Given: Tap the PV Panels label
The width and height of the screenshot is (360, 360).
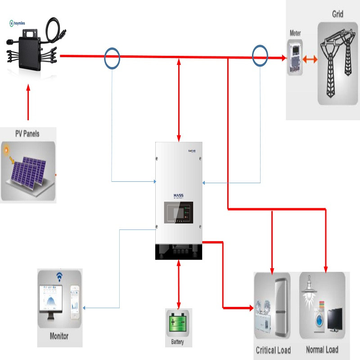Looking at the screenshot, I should (27, 134).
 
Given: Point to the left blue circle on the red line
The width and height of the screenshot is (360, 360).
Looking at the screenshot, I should (112, 57).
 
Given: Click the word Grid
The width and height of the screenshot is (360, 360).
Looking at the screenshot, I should (337, 14).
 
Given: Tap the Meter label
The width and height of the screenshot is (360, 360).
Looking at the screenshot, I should (295, 33).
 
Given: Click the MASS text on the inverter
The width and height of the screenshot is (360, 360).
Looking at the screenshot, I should (179, 195).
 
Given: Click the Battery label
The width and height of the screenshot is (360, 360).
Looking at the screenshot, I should (178, 342).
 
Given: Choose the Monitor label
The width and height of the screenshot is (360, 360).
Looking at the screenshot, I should (59, 336).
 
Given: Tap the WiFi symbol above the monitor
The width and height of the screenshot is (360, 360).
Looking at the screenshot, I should (58, 277).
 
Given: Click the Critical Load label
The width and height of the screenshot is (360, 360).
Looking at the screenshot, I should (273, 350).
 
